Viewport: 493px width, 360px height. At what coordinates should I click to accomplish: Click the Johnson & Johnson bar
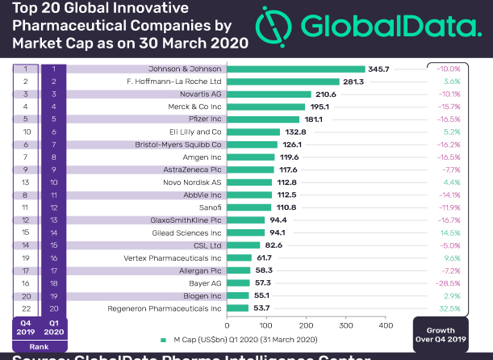pyautogui.click(x=296, y=69)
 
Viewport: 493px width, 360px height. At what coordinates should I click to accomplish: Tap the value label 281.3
pyautogui.click(x=353, y=82)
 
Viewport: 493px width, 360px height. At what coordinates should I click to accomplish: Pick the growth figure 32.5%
pyautogui.click(x=471, y=308)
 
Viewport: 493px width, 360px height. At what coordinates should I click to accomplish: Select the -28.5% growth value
pyautogui.click(x=470, y=283)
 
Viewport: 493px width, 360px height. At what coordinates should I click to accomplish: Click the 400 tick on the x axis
pyautogui.click(x=386, y=325)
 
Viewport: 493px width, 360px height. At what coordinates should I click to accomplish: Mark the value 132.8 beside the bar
pyautogui.click(x=294, y=132)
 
